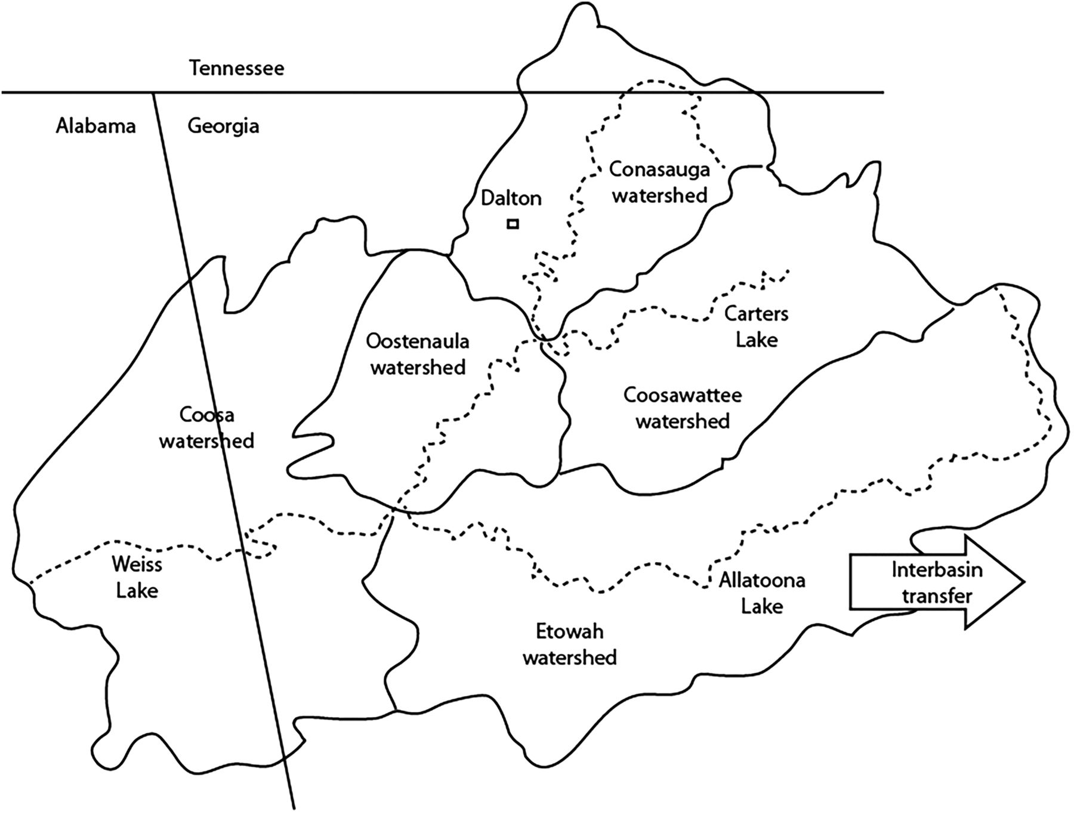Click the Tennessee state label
tap(237, 68)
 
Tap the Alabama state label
tap(95, 127)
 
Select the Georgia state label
tap(223, 127)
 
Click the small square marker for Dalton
tap(513, 224)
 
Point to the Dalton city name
tap(511, 198)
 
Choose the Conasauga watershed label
tap(659, 182)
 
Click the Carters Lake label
tap(756, 326)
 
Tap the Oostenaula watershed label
tap(418, 354)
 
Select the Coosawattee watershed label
tap(683, 408)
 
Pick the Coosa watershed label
tap(206, 427)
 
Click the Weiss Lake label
tap(137, 577)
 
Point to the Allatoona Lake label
tap(762, 593)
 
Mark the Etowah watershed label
tap(569, 644)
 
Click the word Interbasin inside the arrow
tap(937, 569)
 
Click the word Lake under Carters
tap(757, 340)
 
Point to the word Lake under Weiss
tap(137, 591)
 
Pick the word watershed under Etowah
tap(569, 657)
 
